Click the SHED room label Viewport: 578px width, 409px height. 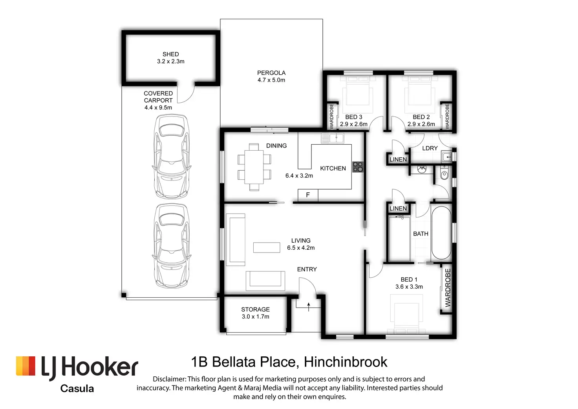(x=170, y=54)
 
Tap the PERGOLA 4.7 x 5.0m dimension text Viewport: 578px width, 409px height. (x=271, y=80)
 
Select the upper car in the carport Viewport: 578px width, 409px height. (x=171, y=157)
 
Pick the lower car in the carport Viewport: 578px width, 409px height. (x=171, y=245)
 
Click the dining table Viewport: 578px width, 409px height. (x=254, y=167)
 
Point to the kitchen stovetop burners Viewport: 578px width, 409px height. (x=357, y=167)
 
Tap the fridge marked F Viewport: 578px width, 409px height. (x=308, y=195)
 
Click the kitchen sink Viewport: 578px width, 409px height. (x=332, y=138)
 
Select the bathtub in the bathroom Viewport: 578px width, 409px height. (x=441, y=232)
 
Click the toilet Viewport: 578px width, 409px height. (x=444, y=173)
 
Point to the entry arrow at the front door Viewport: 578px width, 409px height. (x=309, y=306)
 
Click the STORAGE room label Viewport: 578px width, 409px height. (x=255, y=310)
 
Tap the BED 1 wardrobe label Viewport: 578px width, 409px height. (x=448, y=287)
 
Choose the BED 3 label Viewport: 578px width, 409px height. (x=353, y=117)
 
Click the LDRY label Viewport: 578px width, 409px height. (x=430, y=148)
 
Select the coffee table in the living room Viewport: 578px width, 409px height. (x=267, y=247)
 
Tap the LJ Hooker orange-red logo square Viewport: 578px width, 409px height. (x=26, y=366)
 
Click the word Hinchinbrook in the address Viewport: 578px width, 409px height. (x=346, y=362)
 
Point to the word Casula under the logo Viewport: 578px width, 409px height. (x=77, y=389)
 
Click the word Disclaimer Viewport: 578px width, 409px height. (x=169, y=379)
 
